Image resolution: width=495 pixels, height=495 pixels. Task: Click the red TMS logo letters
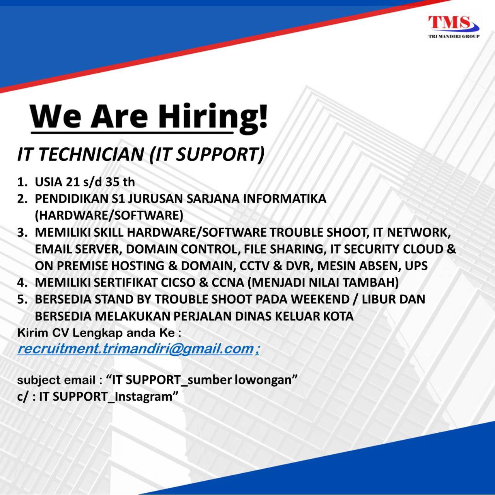pyautogui.click(x=449, y=22)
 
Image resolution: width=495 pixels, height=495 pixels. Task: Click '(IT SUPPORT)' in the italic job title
pyautogui.click(x=207, y=155)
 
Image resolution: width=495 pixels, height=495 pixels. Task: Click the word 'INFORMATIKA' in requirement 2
pyautogui.click(x=284, y=198)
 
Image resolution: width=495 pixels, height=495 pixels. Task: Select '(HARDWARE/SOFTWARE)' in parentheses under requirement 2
pyautogui.click(x=109, y=215)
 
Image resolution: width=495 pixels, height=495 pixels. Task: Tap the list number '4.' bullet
pyautogui.click(x=23, y=283)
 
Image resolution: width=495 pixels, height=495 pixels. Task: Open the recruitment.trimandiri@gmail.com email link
pyautogui.click(x=138, y=349)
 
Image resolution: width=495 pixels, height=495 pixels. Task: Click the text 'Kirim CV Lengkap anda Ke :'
pyautogui.click(x=99, y=333)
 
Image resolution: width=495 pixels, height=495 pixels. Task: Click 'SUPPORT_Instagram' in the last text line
pyautogui.click(x=112, y=397)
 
